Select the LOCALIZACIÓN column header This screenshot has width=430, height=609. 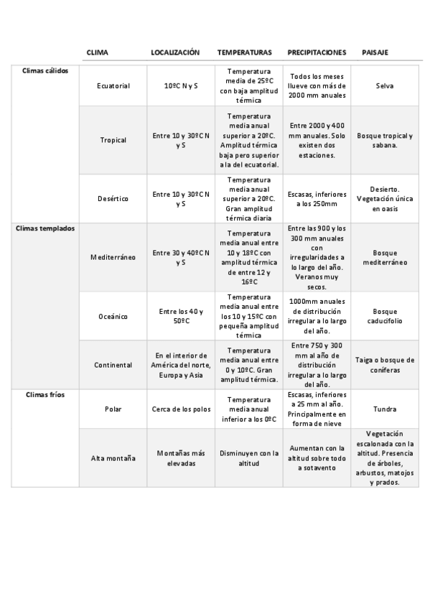pos(174,52)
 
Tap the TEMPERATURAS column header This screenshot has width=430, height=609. pos(244,52)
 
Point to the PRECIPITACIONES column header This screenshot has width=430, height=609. pos(317,52)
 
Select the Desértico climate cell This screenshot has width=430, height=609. pos(113,198)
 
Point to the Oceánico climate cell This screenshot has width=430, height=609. pos(113,316)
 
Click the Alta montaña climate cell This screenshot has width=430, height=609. pos(113,458)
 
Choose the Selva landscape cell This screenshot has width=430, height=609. pos(385,86)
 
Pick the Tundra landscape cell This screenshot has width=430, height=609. pos(385,409)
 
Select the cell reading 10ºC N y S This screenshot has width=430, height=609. pos(181,86)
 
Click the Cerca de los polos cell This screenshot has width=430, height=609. pos(181,409)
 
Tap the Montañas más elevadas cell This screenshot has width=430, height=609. pos(181,458)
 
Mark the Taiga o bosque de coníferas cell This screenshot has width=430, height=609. pos(385,365)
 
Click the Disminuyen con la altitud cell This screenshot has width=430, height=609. pos(248,458)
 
